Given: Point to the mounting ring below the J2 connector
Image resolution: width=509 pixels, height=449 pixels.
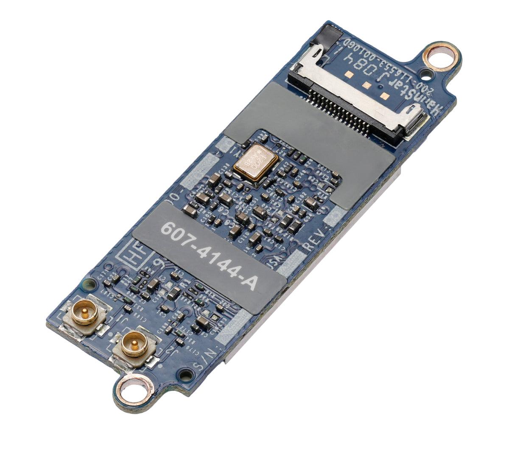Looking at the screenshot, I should tap(135, 389).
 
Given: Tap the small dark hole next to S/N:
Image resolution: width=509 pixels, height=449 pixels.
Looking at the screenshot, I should tap(185, 375).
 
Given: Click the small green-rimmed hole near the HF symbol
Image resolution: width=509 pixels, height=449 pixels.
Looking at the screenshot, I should tap(90, 283).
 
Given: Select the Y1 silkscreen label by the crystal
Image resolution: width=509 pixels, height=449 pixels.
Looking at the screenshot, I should tap(235, 150).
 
